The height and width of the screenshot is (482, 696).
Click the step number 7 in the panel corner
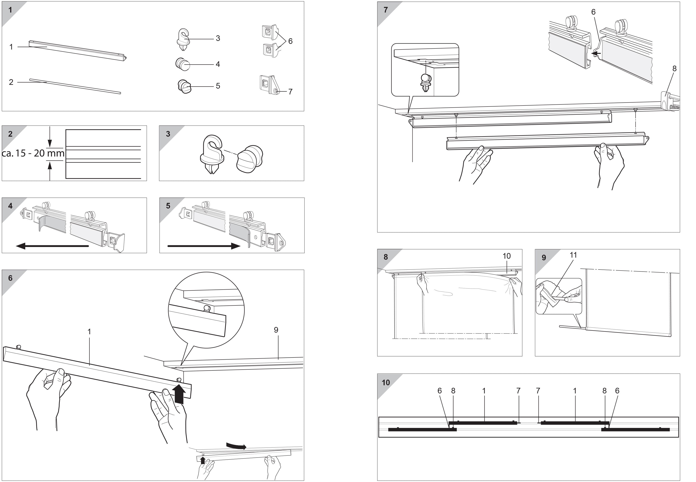(x=386, y=10)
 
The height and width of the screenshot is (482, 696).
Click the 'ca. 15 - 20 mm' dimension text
(x=33, y=153)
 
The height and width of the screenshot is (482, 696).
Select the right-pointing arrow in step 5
(x=204, y=246)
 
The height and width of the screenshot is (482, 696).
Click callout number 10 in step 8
(x=506, y=256)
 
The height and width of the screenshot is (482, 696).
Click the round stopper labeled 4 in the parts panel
(x=183, y=64)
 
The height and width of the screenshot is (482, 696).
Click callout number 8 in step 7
(x=674, y=69)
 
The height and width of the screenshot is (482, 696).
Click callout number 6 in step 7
(x=593, y=12)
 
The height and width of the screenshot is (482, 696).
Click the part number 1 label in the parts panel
(x=11, y=47)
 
